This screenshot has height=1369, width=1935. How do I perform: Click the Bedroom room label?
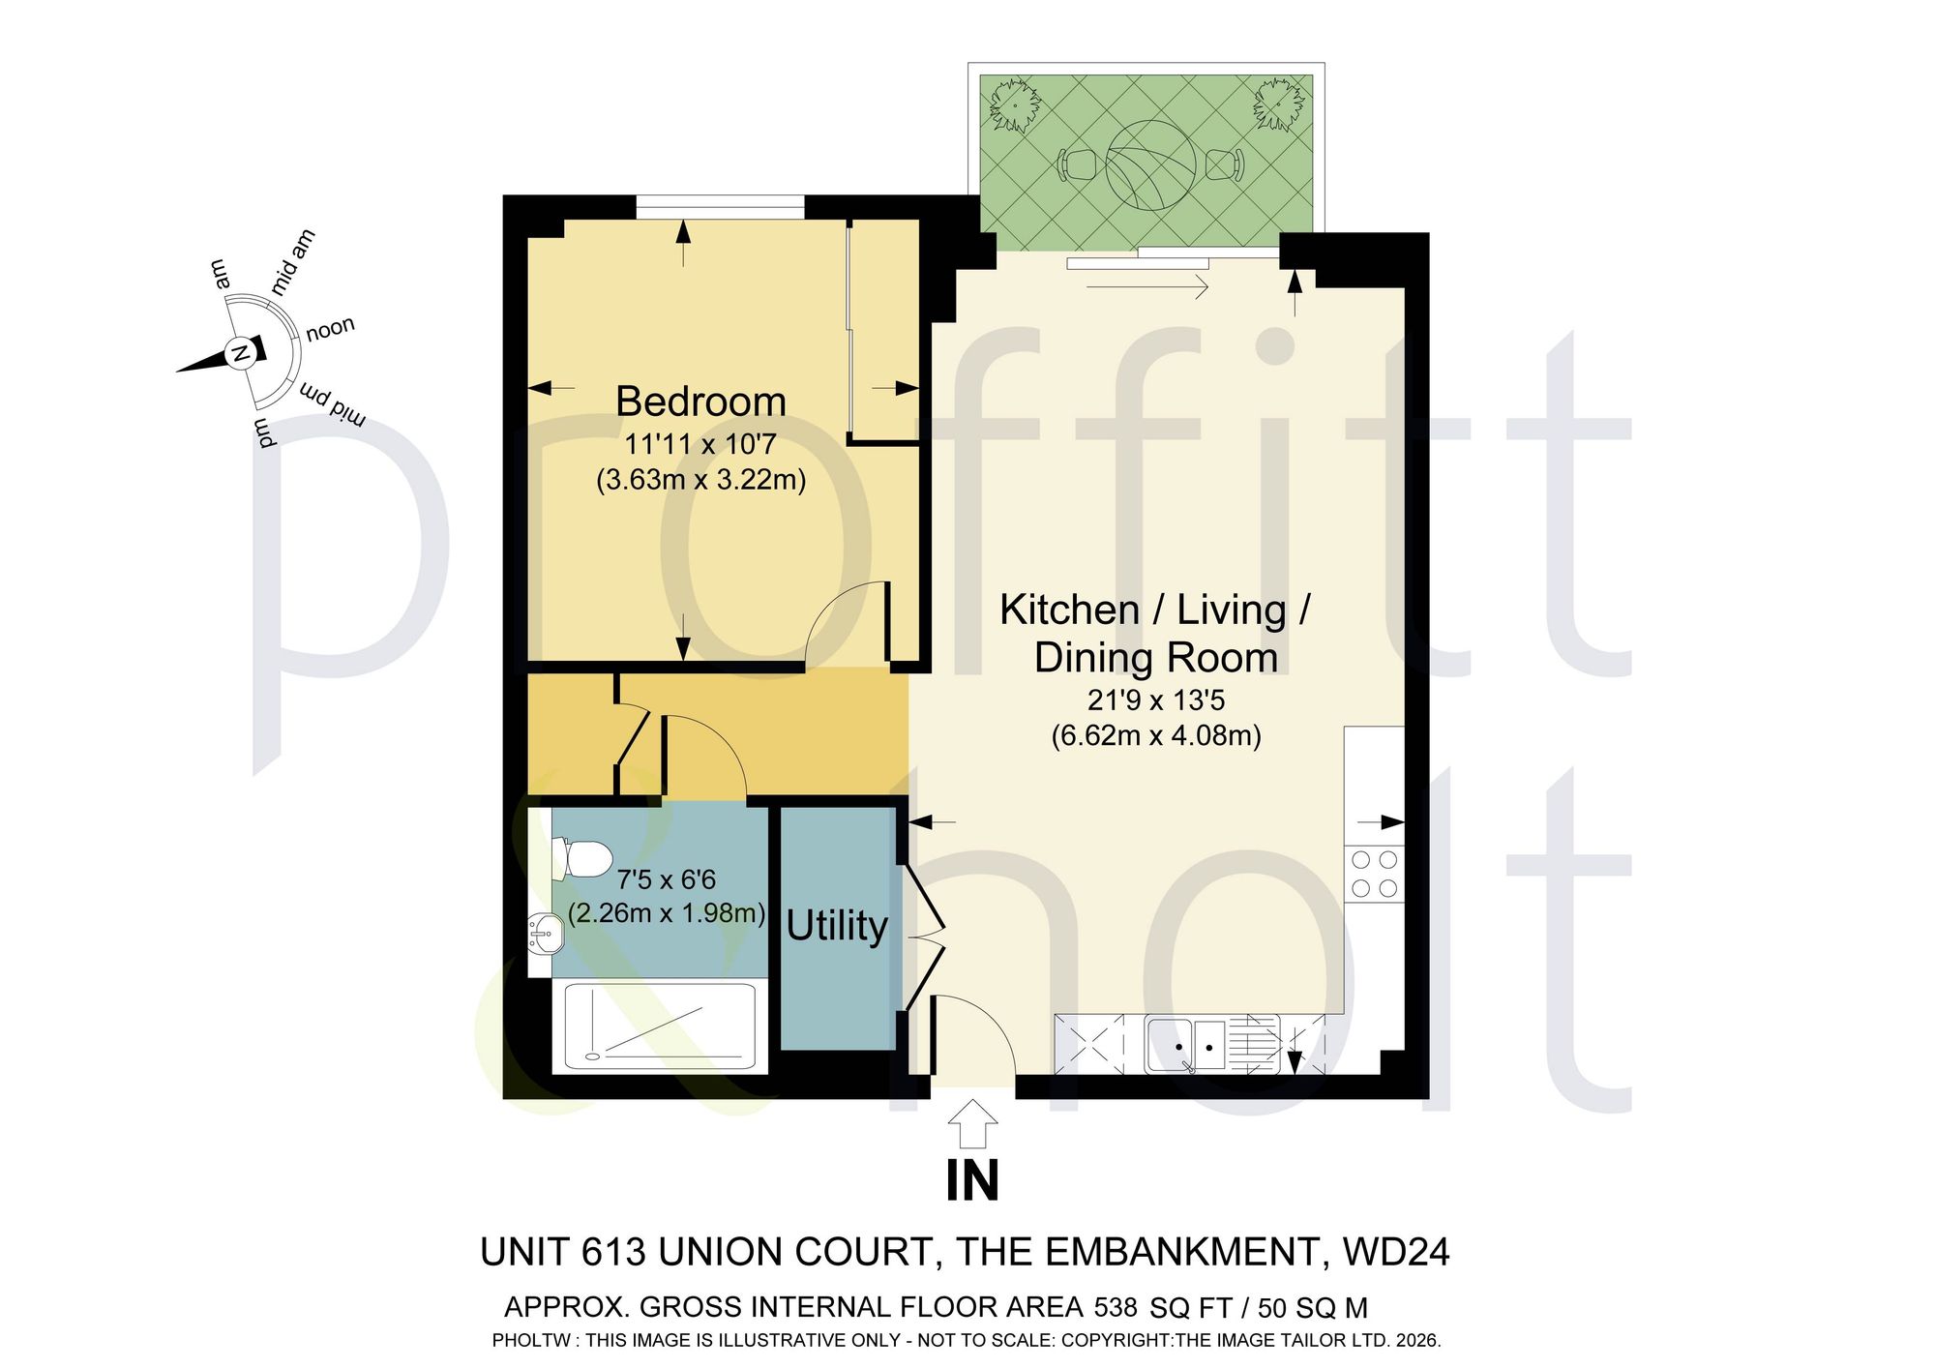tap(700, 402)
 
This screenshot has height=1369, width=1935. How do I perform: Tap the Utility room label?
tap(837, 926)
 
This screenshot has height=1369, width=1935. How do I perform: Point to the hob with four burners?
tap(1374, 874)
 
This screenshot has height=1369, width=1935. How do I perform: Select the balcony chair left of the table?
tap(1077, 164)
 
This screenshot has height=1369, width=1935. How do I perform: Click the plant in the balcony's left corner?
tap(1015, 104)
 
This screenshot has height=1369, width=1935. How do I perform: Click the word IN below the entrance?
tap(972, 1181)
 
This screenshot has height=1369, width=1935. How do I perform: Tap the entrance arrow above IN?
tap(973, 1125)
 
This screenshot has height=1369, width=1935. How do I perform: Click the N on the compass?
tap(239, 353)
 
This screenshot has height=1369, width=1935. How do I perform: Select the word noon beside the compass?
tap(331, 329)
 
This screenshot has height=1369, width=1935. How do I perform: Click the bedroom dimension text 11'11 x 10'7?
tap(700, 445)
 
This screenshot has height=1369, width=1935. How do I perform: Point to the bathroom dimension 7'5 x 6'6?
tap(667, 879)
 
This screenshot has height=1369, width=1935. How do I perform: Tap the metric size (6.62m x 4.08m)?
tap(1156, 736)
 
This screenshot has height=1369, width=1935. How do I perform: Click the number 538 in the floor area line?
tap(1116, 1308)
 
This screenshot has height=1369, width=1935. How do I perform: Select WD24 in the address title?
tap(1396, 1253)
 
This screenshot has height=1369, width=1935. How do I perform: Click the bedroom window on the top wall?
tap(720, 207)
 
